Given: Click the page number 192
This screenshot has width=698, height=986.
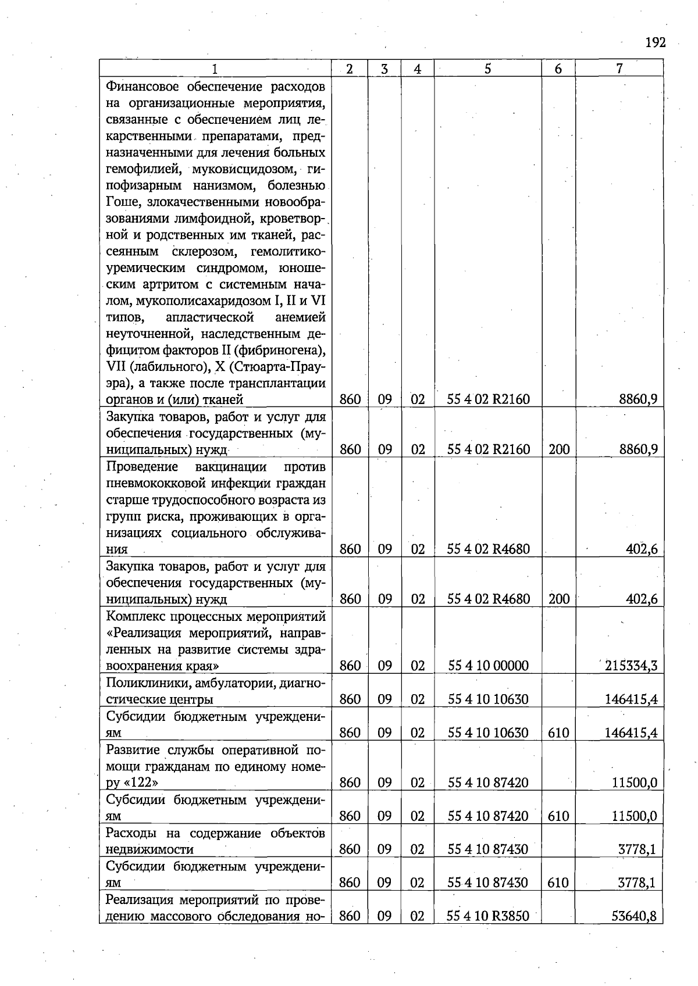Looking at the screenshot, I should [655, 42].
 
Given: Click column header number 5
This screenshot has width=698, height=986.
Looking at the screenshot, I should [487, 69].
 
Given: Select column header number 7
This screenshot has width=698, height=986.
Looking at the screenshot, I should [619, 69].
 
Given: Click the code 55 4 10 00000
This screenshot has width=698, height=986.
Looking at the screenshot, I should [488, 666].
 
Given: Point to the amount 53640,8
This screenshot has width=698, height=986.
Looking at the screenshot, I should [634, 916].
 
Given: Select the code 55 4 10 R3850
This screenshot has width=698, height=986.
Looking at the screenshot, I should [488, 916].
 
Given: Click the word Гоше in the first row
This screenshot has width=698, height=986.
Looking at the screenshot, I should [123, 202].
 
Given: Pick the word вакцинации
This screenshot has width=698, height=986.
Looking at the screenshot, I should [231, 467].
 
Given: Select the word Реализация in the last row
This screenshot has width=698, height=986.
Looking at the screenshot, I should [140, 900].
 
